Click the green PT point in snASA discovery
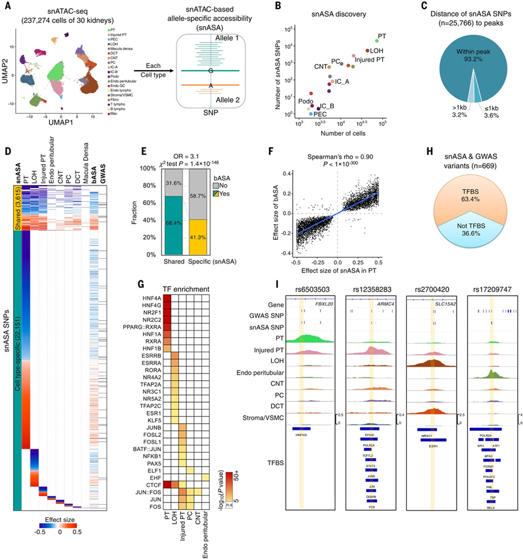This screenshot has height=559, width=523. tap(377, 41)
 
